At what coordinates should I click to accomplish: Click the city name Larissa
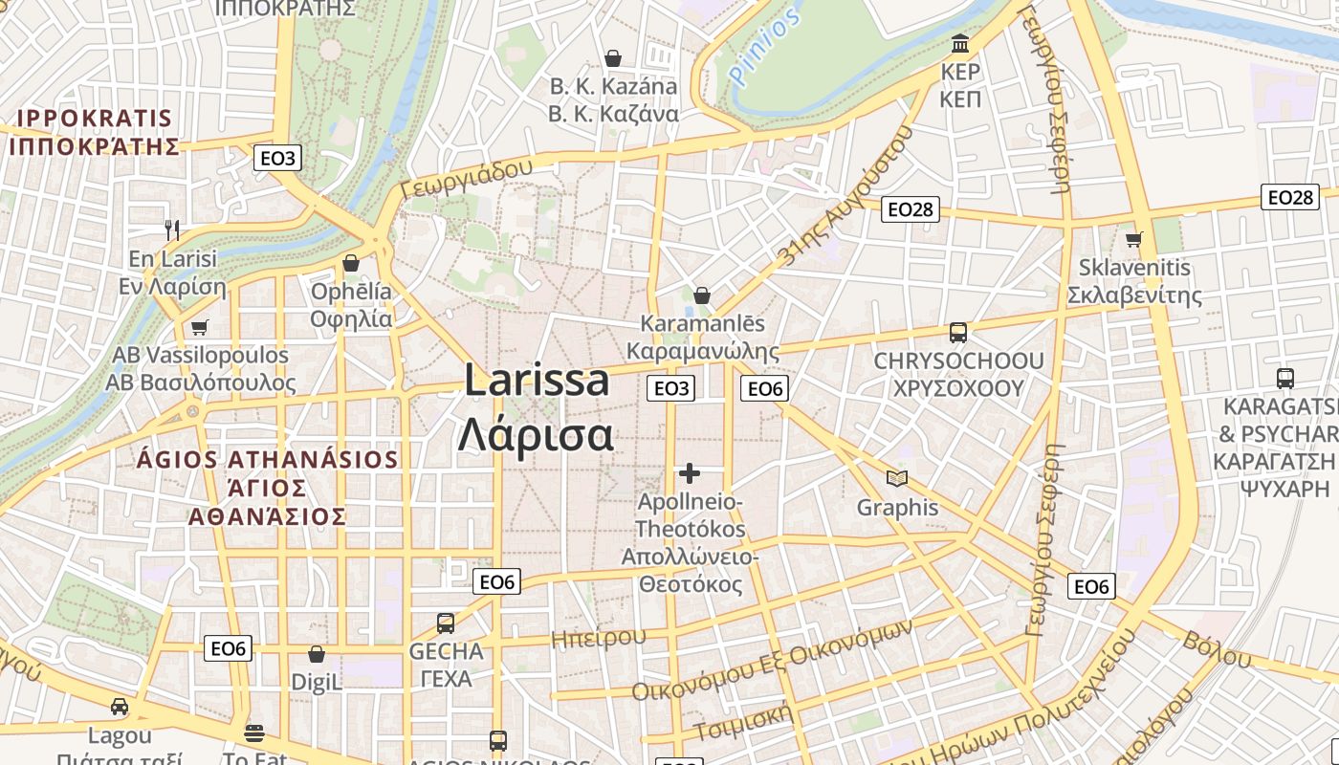(x=537, y=381)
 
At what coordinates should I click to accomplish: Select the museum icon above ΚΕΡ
(x=960, y=44)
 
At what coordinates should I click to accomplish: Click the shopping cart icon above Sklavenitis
(x=1134, y=238)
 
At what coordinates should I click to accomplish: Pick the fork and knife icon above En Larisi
(x=172, y=229)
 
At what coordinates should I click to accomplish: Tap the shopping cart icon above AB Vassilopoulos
(x=199, y=327)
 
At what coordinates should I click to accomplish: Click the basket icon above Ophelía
(x=351, y=263)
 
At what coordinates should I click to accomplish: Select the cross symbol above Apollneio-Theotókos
(x=690, y=473)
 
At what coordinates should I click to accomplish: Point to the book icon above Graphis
(x=896, y=478)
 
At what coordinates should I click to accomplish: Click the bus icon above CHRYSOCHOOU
(x=957, y=333)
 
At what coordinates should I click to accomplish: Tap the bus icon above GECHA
(x=446, y=623)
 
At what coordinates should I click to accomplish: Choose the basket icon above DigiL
(x=317, y=655)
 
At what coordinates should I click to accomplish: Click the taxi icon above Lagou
(x=120, y=707)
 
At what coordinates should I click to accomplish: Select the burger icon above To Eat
(x=254, y=733)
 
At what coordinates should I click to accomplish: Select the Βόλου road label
(x=1217, y=649)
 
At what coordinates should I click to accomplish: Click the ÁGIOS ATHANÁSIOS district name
(x=267, y=459)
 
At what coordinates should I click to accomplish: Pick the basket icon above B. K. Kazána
(x=613, y=58)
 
